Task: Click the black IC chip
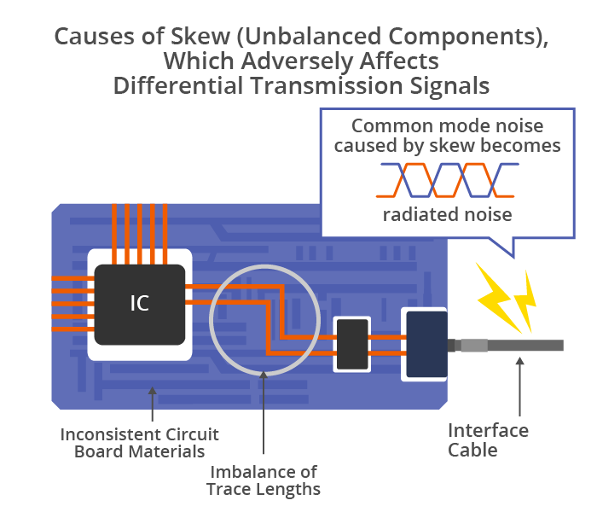(140, 305)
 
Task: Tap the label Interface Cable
(488, 440)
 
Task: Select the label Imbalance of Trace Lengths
(264, 480)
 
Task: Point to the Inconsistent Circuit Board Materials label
(139, 443)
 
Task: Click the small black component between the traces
(352, 345)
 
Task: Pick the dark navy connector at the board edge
(426, 344)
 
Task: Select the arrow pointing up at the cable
(519, 387)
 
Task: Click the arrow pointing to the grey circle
(264, 412)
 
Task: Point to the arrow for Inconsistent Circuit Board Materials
(153, 404)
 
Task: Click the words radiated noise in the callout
(448, 214)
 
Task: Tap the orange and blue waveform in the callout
(448, 180)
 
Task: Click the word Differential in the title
(178, 85)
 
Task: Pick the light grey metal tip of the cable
(474, 345)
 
